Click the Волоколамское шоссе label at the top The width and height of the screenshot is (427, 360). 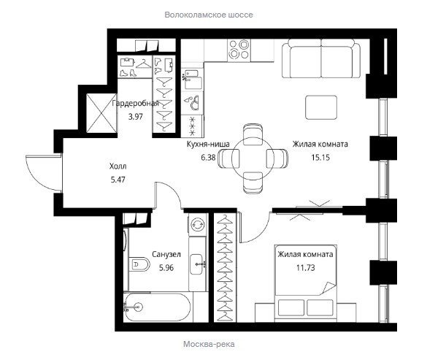click(x=209, y=15)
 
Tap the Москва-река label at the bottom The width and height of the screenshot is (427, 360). click(x=209, y=344)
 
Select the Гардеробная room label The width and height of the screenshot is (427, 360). click(x=135, y=103)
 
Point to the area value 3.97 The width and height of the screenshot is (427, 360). click(x=136, y=117)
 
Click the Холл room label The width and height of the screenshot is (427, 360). click(x=118, y=166)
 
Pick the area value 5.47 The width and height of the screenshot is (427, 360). click(x=118, y=180)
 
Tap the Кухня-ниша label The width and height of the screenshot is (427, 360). click(x=208, y=144)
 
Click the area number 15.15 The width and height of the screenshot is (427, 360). click(x=320, y=157)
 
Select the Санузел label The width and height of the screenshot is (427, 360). click(x=166, y=255)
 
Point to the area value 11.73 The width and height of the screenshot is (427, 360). click(x=306, y=267)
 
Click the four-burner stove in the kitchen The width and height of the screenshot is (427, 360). click(x=239, y=50)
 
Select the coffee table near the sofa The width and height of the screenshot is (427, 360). click(x=321, y=107)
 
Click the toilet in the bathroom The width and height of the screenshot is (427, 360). click(x=139, y=264)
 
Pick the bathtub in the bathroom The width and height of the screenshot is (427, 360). click(x=158, y=307)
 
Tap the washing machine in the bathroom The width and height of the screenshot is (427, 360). click(x=197, y=225)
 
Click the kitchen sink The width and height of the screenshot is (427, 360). click(x=192, y=80)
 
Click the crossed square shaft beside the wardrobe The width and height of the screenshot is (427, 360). click(x=101, y=113)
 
